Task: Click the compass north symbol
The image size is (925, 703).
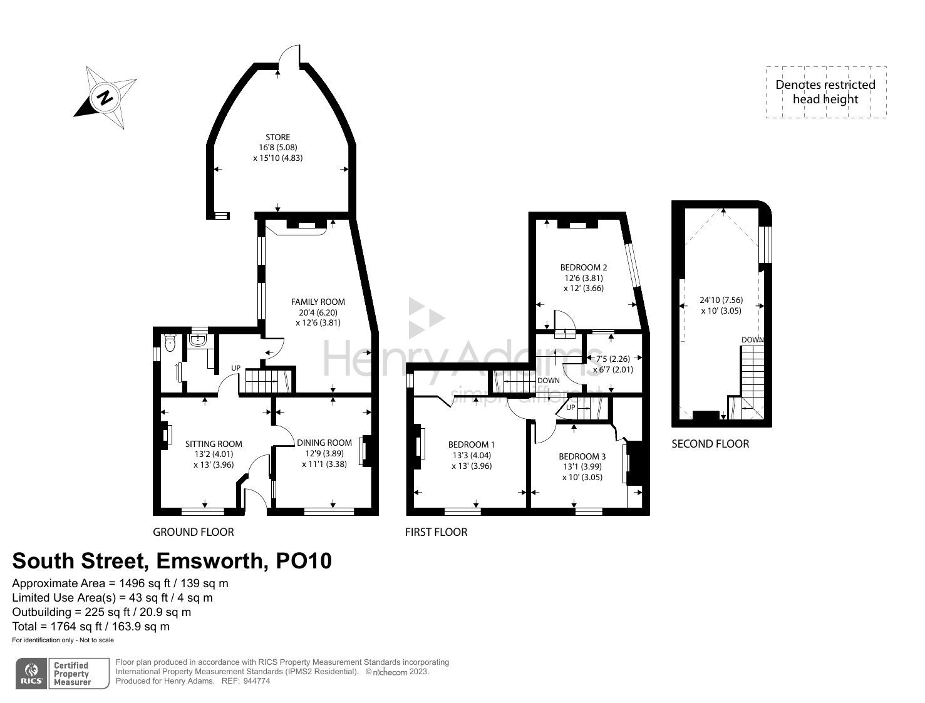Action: [x=105, y=98]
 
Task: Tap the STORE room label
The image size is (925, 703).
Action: [x=277, y=137]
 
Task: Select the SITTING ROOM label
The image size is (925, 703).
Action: [x=214, y=444]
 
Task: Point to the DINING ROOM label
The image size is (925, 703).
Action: [x=324, y=443]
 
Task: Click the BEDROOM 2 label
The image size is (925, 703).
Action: [x=583, y=267]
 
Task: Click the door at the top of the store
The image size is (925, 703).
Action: [x=289, y=58]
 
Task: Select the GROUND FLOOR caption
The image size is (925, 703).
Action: [x=193, y=532]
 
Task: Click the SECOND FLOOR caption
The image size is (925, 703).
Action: [x=710, y=444]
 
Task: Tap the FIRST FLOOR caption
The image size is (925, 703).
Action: [x=436, y=532]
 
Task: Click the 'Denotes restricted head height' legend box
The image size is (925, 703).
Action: [x=825, y=92]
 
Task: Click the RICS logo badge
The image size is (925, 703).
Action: [x=31, y=674]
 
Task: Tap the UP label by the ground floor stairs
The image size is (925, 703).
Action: [x=235, y=367]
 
